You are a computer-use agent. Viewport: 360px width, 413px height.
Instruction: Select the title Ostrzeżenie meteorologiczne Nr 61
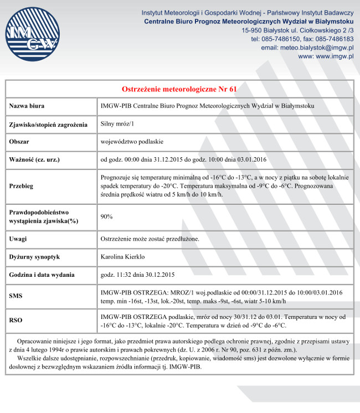(x=179, y=89)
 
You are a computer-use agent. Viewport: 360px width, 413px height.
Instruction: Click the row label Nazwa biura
(x=27, y=106)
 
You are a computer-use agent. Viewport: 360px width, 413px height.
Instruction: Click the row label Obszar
(x=19, y=142)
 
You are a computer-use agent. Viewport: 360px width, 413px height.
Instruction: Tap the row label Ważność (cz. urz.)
(x=34, y=160)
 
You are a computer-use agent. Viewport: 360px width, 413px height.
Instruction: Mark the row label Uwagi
(x=18, y=239)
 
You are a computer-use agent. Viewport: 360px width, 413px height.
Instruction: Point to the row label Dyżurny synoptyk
(x=34, y=257)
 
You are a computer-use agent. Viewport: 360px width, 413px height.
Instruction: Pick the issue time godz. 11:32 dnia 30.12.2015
(x=138, y=275)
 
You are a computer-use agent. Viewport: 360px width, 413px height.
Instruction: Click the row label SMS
(x=16, y=297)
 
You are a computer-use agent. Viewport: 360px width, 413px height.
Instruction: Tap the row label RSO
(x=16, y=321)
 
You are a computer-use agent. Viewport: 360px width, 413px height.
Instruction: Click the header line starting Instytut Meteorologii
(x=248, y=12)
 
